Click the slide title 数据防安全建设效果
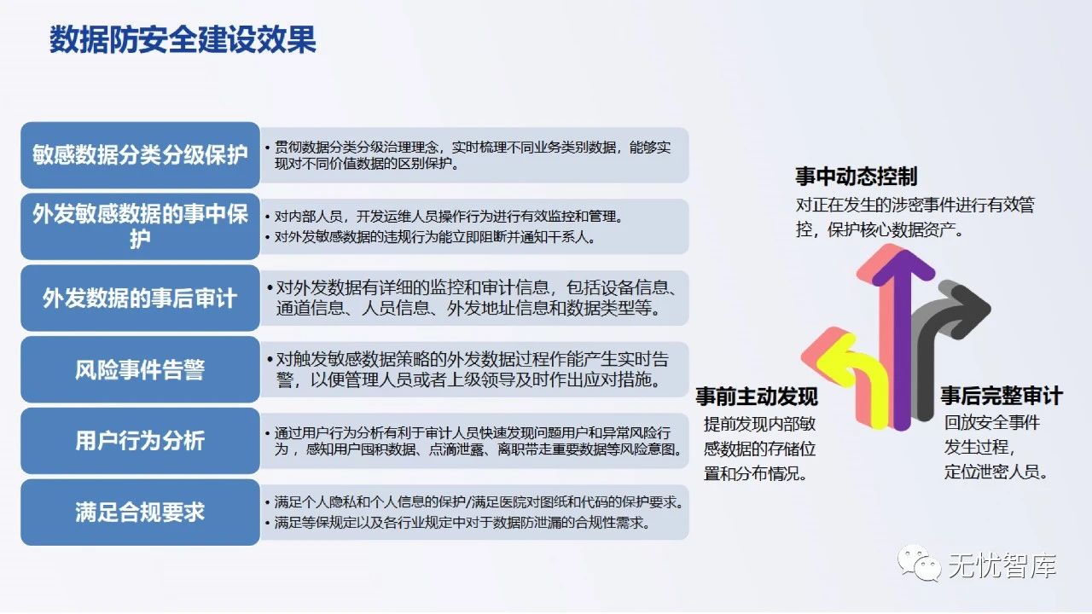tap(183, 40)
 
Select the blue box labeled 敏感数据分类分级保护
tap(140, 155)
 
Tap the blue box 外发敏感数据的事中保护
tap(140, 226)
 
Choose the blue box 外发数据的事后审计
tap(140, 298)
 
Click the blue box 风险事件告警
tap(140, 370)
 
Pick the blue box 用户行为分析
tap(140, 441)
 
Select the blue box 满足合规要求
tap(140, 513)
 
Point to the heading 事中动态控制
tap(856, 177)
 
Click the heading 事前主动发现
tap(757, 397)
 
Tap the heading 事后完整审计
tap(1002, 397)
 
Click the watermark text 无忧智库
tap(1002, 566)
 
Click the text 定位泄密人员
tap(996, 472)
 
